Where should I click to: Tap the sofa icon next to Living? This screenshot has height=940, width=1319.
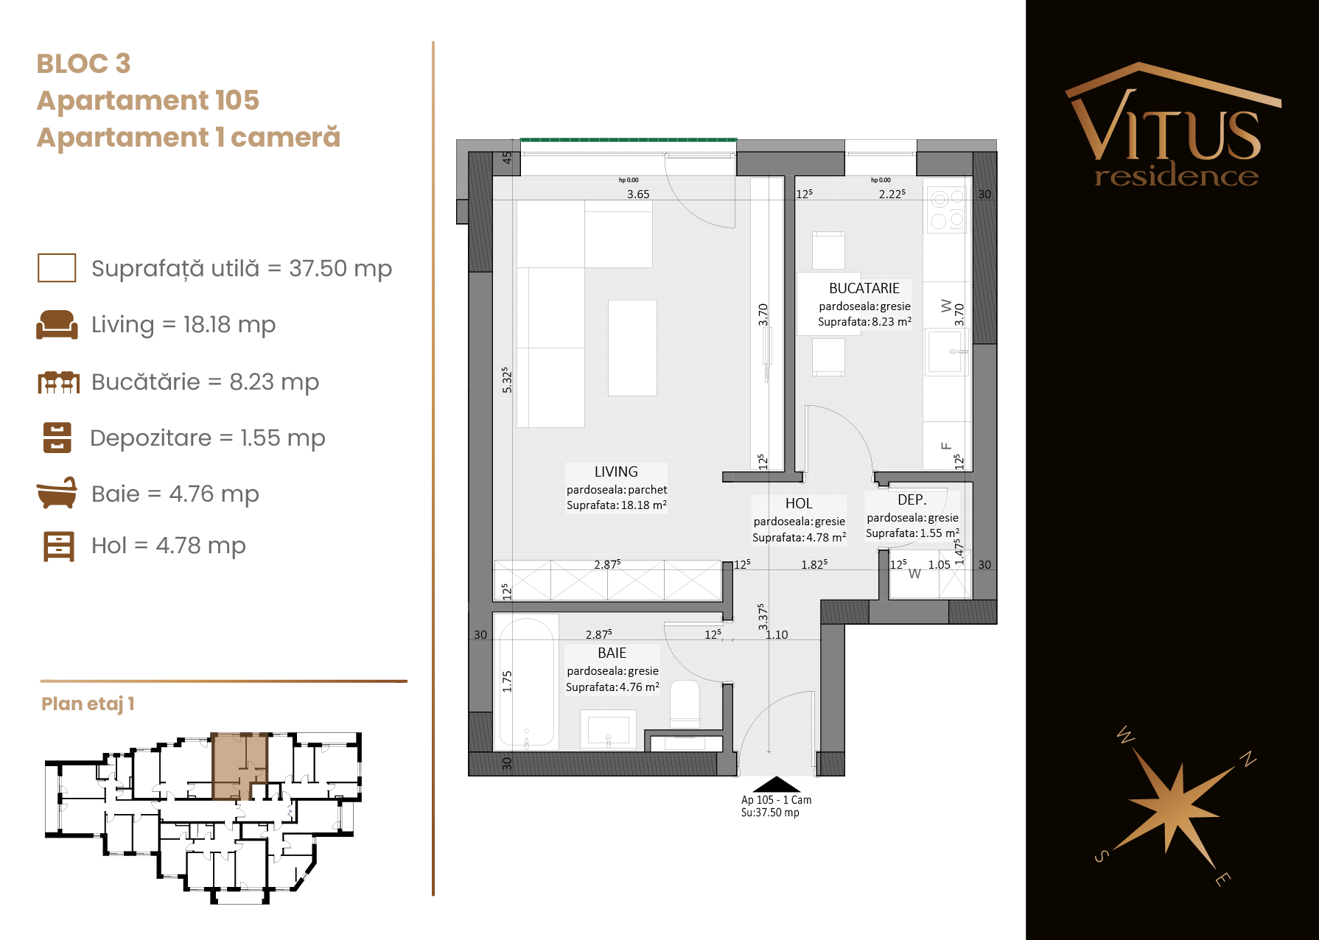[x=57, y=324]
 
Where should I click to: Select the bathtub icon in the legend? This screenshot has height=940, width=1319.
[x=57, y=493]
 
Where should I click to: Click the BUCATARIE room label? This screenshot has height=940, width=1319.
[x=864, y=288]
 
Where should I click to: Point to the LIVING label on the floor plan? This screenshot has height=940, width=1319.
[x=616, y=471]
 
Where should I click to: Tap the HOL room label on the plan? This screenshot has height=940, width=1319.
[x=799, y=503]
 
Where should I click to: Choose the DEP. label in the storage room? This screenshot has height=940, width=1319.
[x=912, y=499]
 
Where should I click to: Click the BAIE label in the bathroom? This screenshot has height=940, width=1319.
[x=612, y=653]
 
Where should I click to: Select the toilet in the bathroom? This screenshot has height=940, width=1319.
[x=685, y=704]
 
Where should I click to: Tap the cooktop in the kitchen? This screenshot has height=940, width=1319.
[x=947, y=209]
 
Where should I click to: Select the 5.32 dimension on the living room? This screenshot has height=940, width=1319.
[x=506, y=379]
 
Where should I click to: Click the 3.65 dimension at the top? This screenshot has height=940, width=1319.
[x=638, y=194]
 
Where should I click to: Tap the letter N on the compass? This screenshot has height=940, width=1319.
[x=1248, y=759]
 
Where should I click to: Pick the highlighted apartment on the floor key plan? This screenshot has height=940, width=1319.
[x=239, y=766]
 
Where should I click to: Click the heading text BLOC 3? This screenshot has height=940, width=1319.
[x=83, y=63]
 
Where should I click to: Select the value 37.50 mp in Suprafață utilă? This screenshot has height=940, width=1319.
[x=340, y=268]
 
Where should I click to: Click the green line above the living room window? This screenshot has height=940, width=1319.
[x=629, y=139]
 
